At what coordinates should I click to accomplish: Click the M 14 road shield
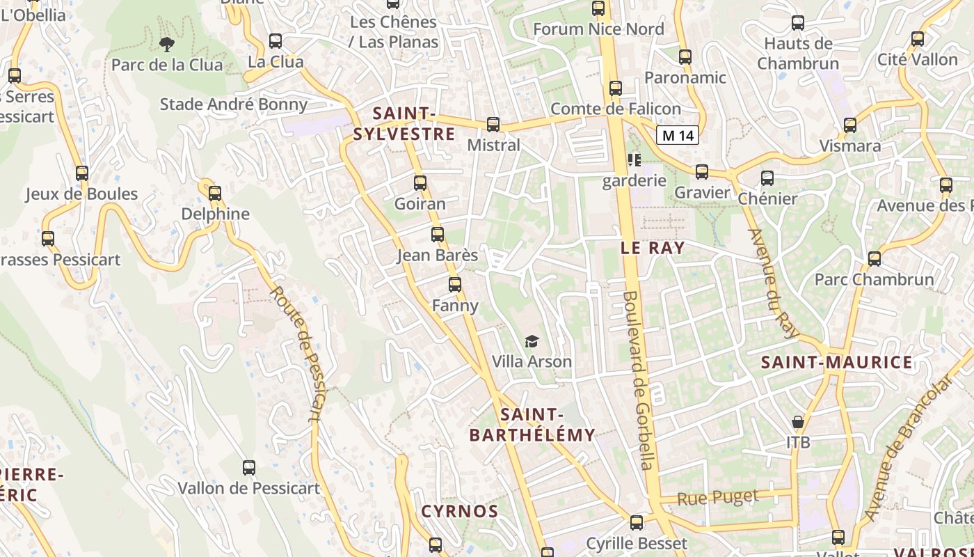click(678, 135)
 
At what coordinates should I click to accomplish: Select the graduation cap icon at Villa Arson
click(532, 341)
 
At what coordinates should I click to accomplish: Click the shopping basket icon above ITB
click(798, 422)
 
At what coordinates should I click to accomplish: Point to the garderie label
click(634, 181)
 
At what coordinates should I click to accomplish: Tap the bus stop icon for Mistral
click(493, 125)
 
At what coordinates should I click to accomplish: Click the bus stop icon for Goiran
click(420, 183)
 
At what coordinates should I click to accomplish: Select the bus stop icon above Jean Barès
click(438, 235)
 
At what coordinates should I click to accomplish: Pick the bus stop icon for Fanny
click(455, 285)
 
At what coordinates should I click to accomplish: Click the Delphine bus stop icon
click(215, 194)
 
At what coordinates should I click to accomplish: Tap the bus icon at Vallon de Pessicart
click(249, 467)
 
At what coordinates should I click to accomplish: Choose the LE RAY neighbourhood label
click(653, 248)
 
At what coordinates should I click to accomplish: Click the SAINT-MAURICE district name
click(836, 362)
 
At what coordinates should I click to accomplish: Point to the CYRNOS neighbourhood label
click(460, 512)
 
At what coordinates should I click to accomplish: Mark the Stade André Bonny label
click(234, 104)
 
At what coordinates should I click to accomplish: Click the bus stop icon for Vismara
click(850, 125)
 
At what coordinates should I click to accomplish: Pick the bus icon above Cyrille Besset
click(637, 523)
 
